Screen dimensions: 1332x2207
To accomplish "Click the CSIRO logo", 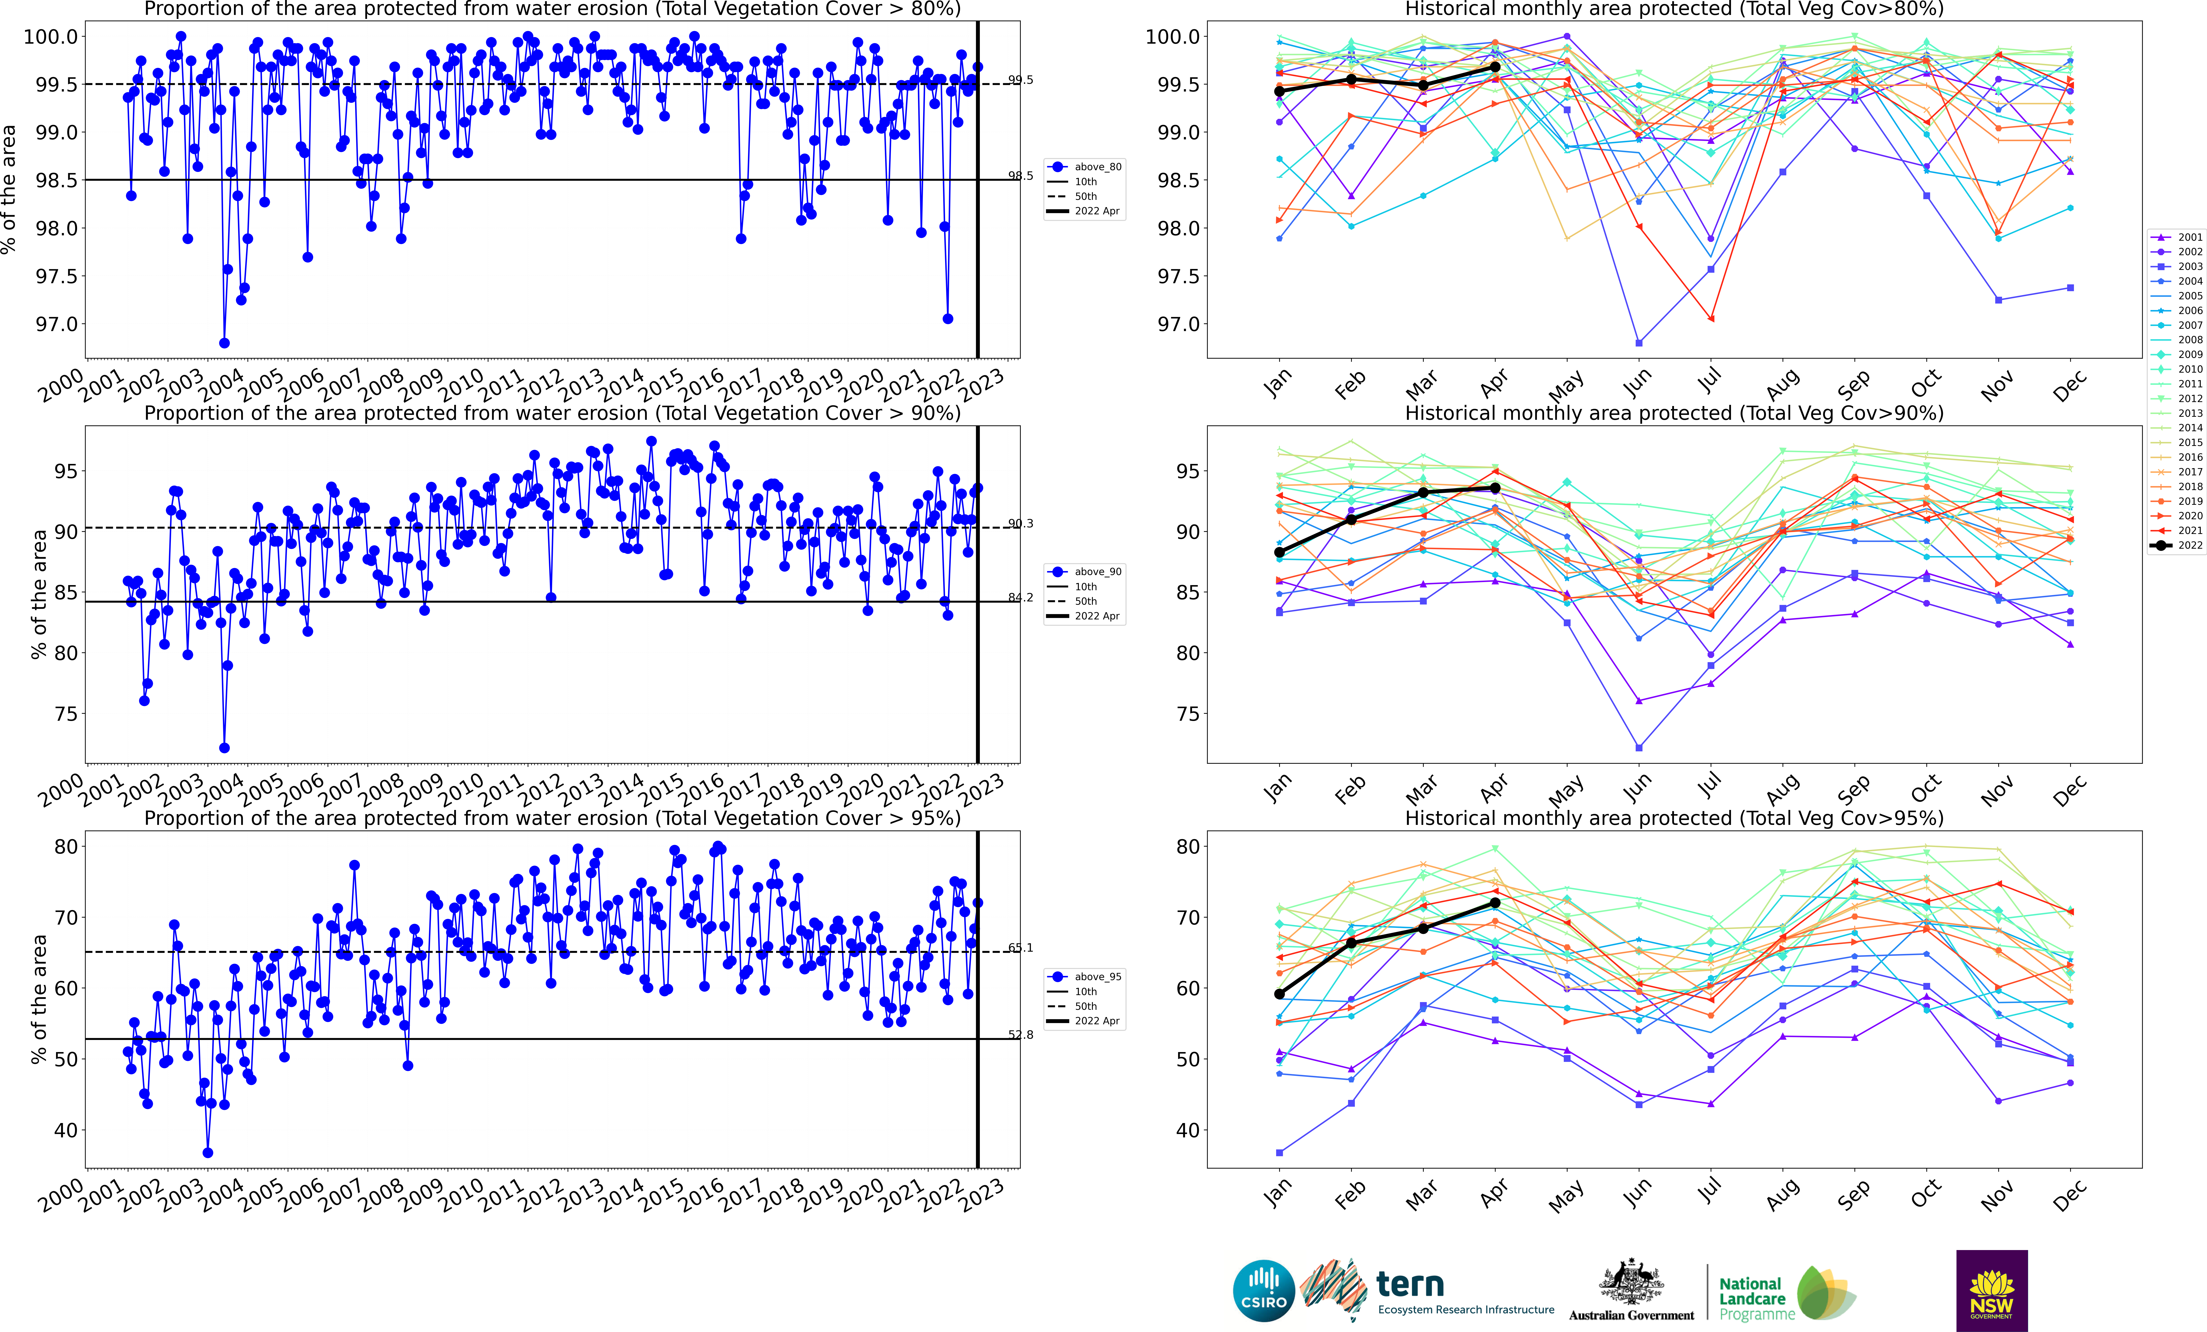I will click(1264, 1291).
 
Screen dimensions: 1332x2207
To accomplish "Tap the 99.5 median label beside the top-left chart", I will click(1020, 80).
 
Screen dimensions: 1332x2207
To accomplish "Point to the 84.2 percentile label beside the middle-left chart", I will click(1020, 597).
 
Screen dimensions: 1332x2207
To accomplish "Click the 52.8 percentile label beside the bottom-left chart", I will click(1020, 1035).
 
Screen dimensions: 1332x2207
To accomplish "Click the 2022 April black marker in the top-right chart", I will click(1495, 67).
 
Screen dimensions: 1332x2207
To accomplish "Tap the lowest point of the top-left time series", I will click(224, 343).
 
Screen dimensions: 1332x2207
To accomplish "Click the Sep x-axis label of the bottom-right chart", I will click(1852, 1194).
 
